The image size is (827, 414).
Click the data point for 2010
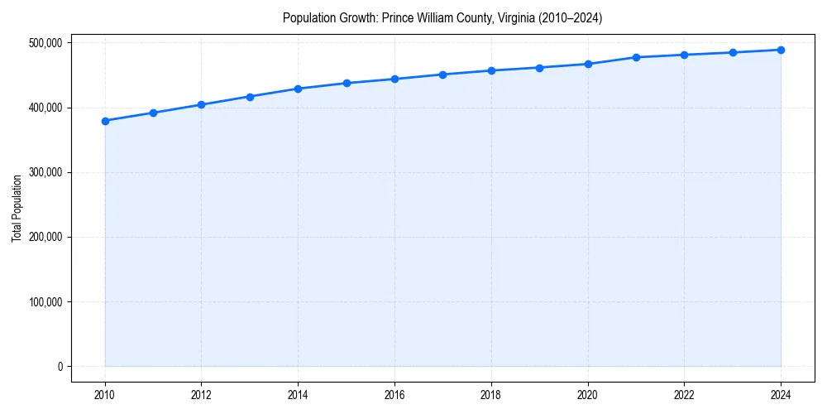(105, 121)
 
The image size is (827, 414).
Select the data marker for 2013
(250, 97)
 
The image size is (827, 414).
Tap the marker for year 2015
(347, 83)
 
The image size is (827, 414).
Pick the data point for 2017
(443, 75)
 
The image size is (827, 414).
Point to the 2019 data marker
(539, 68)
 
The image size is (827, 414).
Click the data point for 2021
(636, 57)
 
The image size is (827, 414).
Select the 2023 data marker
(733, 52)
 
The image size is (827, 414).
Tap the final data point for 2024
(781, 50)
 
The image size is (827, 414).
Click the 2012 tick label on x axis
(201, 395)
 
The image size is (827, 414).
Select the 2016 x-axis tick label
(394, 395)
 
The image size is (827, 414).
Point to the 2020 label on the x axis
(588, 395)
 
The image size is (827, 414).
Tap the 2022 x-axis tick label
(684, 395)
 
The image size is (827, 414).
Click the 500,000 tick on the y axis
(45, 43)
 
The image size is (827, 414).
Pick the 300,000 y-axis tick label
(45, 172)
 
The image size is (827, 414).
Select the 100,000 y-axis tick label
(45, 302)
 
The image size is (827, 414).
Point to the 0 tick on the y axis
(59, 367)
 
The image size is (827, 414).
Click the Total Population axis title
(17, 208)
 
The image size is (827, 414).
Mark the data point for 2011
(153, 113)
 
